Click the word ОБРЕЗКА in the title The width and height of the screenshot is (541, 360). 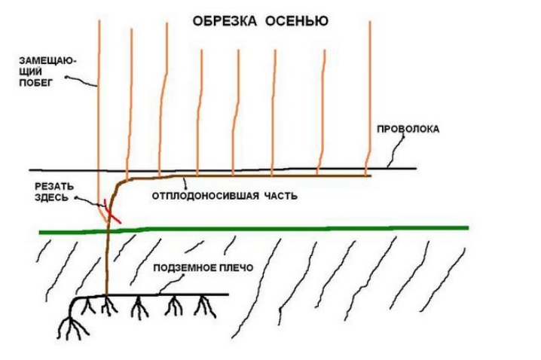click(x=225, y=21)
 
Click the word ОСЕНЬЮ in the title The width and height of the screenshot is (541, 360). click(x=297, y=21)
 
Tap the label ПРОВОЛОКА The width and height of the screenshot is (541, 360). click(x=408, y=129)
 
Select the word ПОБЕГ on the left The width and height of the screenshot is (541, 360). click(x=35, y=83)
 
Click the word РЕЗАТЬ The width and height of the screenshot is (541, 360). click(x=54, y=187)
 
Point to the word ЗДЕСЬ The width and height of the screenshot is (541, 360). click(x=51, y=197)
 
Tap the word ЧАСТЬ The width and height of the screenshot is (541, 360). click(x=280, y=196)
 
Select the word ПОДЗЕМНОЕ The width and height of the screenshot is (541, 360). click(x=185, y=267)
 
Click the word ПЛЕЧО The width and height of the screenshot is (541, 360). click(x=237, y=267)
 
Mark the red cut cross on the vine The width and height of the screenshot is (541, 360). click(x=111, y=211)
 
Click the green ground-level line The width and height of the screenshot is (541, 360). click(x=254, y=229)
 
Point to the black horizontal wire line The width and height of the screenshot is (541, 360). click(x=222, y=169)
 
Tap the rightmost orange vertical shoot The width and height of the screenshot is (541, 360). click(x=368, y=98)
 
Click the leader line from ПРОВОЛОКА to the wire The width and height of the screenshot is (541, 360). click(x=395, y=151)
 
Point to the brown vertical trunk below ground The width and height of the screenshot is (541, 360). click(x=106, y=262)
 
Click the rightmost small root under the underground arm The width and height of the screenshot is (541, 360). click(x=206, y=307)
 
